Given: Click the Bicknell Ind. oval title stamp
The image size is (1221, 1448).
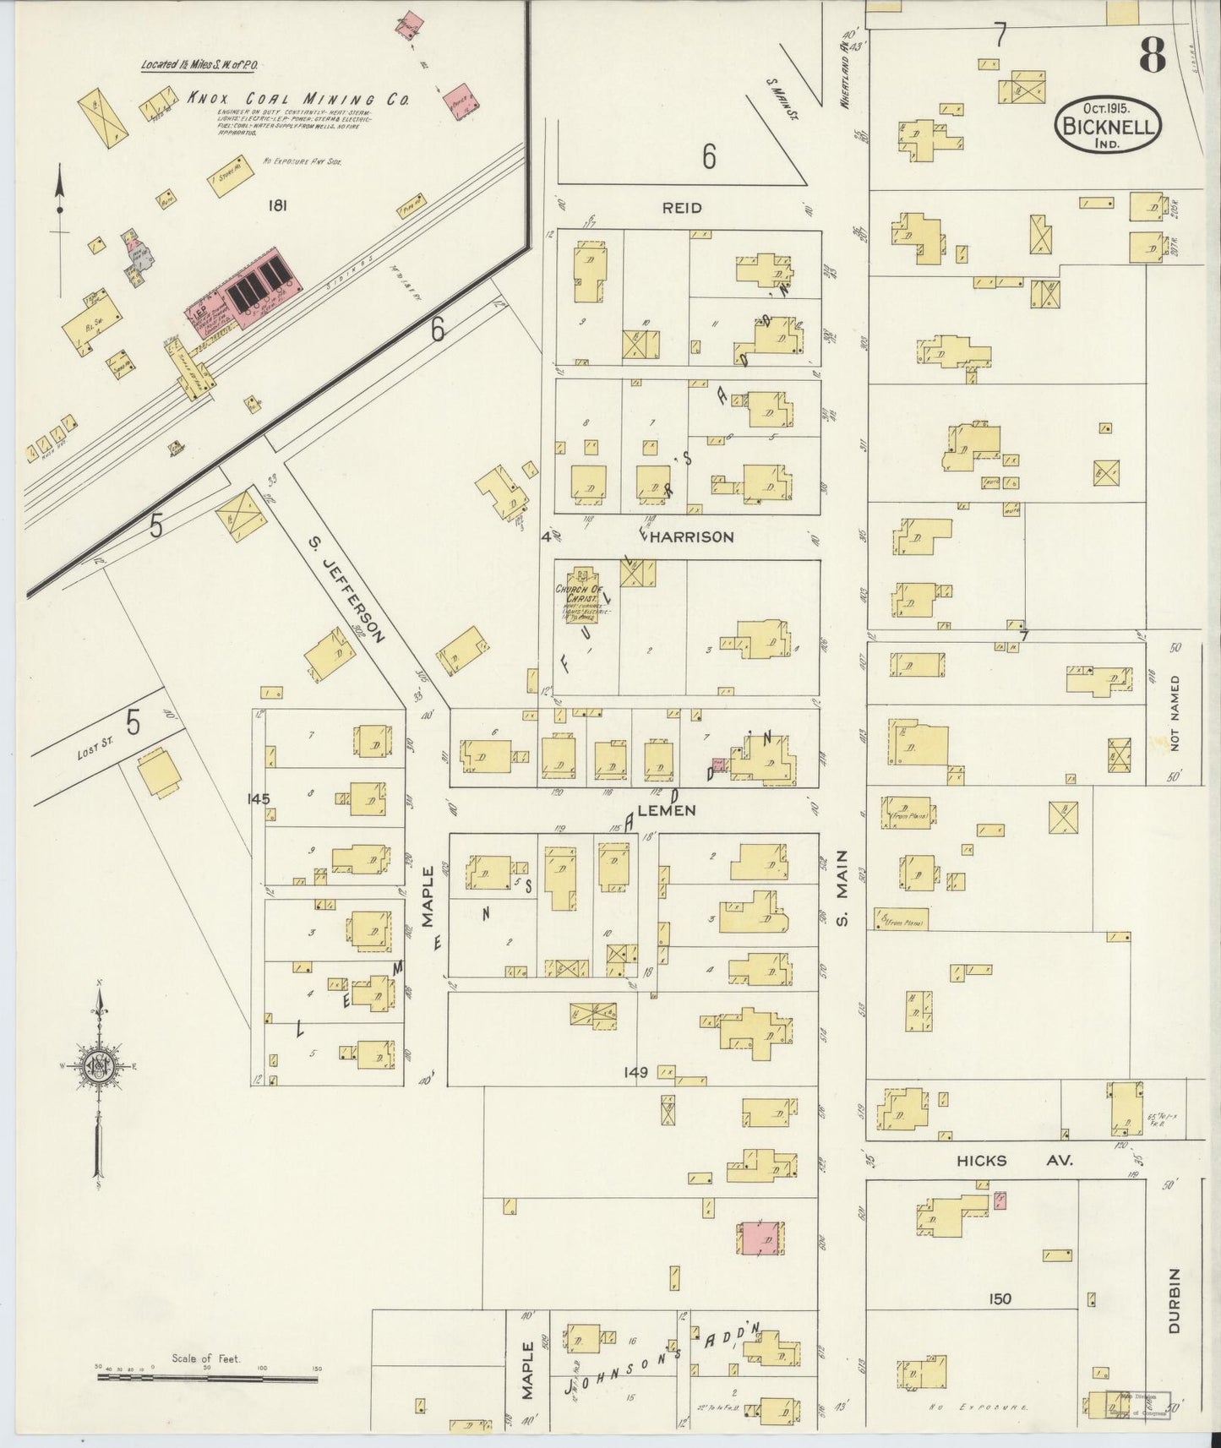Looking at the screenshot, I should pos(1107,125).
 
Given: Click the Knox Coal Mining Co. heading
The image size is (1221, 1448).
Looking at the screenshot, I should pos(297,99).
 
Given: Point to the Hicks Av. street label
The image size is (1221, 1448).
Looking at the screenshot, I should pos(1013,1161).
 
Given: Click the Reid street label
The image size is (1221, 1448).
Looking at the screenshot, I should pos(681,208).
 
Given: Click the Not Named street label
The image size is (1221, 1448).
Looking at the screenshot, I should pos(1175,711).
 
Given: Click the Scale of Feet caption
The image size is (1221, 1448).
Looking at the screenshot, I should pos(206,1358).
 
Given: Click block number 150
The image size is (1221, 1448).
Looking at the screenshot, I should pos(1000,1298).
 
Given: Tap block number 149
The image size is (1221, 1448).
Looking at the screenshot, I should pos(635,1072).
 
